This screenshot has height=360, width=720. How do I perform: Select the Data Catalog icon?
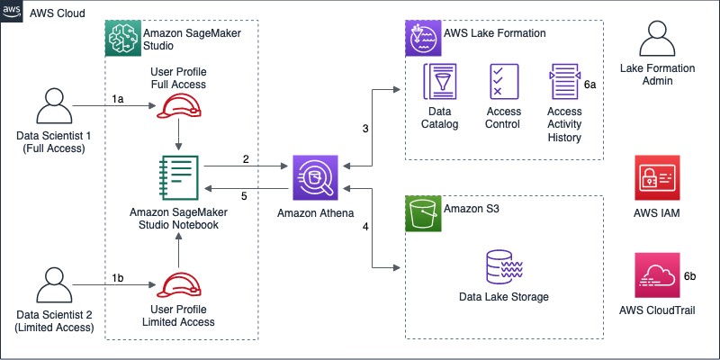click(x=440, y=86)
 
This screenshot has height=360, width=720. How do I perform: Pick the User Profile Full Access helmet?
click(x=178, y=107)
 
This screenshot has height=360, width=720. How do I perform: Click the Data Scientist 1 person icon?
click(x=51, y=109)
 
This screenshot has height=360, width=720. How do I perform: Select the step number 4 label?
click(x=365, y=227)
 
